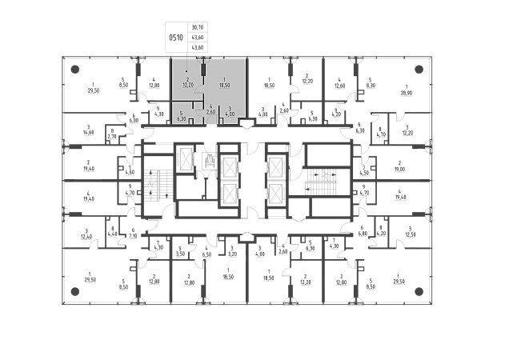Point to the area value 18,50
tap(224, 86)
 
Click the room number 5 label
tap(181, 112)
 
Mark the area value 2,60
tap(210, 112)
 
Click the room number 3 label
tap(230, 107)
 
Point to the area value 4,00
tap(230, 114)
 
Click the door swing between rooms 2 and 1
tap(199, 89)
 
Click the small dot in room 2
tap(186, 71)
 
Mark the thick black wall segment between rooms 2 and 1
tap(203, 70)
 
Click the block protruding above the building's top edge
tap(186, 37)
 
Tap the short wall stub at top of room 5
tap(193, 105)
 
